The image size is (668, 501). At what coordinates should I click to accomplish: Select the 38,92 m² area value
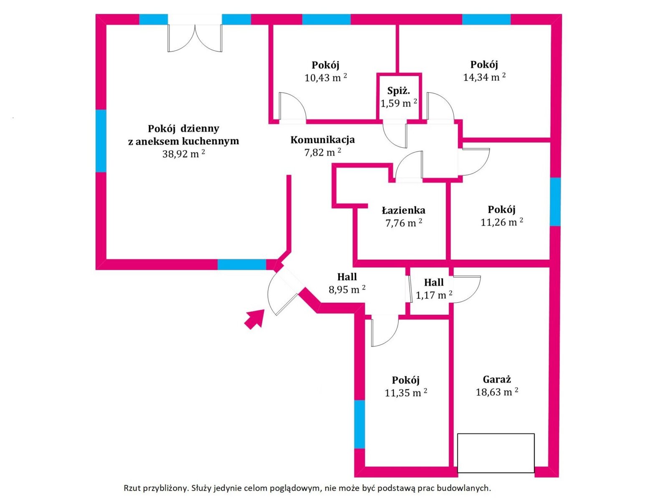pyautogui.click(x=183, y=154)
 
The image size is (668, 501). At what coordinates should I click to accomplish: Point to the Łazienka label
pyautogui.click(x=404, y=210)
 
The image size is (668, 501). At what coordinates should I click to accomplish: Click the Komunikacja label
pyautogui.click(x=323, y=139)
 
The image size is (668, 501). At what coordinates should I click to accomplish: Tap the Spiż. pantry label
pyautogui.click(x=399, y=91)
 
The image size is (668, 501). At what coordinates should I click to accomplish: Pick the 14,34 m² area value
pyautogui.click(x=484, y=77)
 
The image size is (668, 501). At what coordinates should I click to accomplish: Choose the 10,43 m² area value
pyautogui.click(x=326, y=78)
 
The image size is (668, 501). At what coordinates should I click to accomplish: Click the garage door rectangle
pyautogui.click(x=496, y=453)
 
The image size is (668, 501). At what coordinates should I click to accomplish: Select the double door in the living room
pyautogui.click(x=195, y=38)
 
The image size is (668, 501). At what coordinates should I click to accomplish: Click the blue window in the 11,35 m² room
pyautogui.click(x=359, y=424)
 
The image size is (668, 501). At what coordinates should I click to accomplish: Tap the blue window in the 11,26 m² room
pyautogui.click(x=555, y=202)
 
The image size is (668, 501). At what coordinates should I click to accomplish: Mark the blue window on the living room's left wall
pyautogui.click(x=101, y=141)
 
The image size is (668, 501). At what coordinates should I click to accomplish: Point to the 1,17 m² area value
pyautogui.click(x=434, y=295)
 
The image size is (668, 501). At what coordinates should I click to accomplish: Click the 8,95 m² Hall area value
pyautogui.click(x=347, y=289)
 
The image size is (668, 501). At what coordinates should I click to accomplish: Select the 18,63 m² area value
pyautogui.click(x=497, y=392)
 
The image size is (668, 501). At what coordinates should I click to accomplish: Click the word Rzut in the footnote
pyautogui.click(x=131, y=488)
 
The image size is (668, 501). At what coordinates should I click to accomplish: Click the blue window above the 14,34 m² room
pyautogui.click(x=486, y=19)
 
